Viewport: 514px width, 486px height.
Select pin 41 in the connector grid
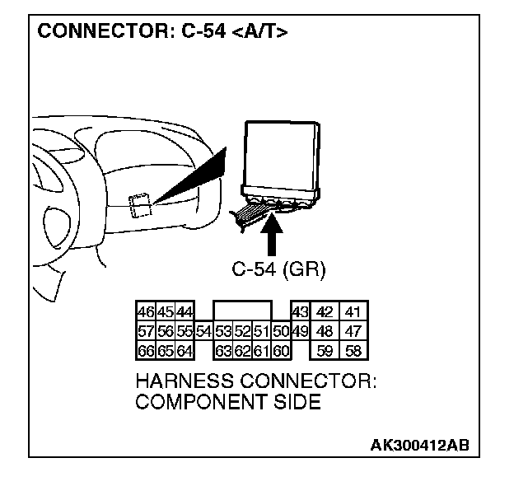coord(354,312)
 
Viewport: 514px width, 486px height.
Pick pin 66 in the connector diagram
coord(146,351)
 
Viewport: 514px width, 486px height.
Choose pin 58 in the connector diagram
coord(354,351)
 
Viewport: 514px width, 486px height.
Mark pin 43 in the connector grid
coord(299,312)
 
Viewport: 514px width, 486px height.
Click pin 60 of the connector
coord(280,351)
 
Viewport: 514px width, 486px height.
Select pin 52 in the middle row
coord(241,332)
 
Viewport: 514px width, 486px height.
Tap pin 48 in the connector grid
coord(325,332)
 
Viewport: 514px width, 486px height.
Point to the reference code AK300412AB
coord(419,446)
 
